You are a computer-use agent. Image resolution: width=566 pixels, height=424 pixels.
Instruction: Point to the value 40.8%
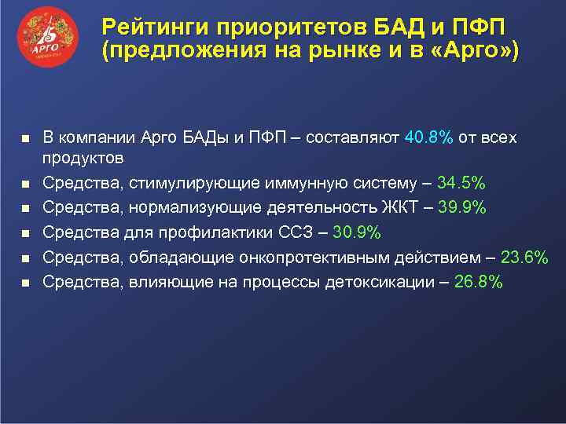[428, 138]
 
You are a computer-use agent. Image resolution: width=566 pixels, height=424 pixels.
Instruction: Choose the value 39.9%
[461, 208]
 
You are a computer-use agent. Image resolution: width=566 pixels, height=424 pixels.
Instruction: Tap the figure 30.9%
[357, 232]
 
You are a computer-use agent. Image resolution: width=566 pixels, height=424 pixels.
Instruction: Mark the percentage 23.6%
[522, 258]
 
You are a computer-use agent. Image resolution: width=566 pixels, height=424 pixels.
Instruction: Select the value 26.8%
[477, 283]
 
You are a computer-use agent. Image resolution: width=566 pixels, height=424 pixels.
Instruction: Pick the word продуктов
[83, 159]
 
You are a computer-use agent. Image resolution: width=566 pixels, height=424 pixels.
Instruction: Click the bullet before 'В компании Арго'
[24, 138]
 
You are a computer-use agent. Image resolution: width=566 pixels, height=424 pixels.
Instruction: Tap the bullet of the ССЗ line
[24, 233]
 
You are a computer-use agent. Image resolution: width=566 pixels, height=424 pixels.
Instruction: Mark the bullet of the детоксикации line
[24, 283]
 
